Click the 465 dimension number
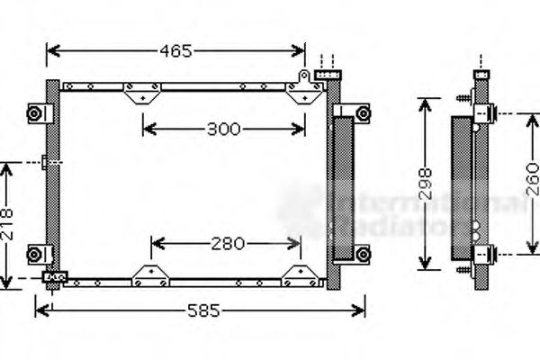tap(175, 51)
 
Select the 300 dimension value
tap(223, 129)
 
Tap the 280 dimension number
tap(227, 243)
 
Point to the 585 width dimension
tap(202, 310)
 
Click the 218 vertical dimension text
tap(8, 221)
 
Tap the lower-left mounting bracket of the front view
tap(36, 252)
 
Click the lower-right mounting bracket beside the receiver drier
tap(361, 254)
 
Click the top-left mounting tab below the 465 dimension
tap(142, 92)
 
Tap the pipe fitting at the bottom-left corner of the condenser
tap(55, 277)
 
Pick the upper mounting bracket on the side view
tap(487, 114)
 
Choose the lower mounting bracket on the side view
tap(487, 254)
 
